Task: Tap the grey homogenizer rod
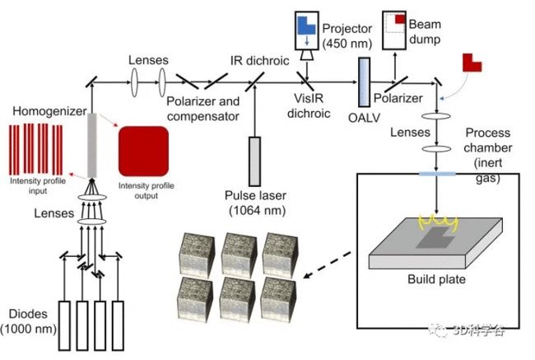pos(92,144)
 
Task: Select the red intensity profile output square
pos(143,152)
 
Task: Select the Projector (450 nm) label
pos(348,35)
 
